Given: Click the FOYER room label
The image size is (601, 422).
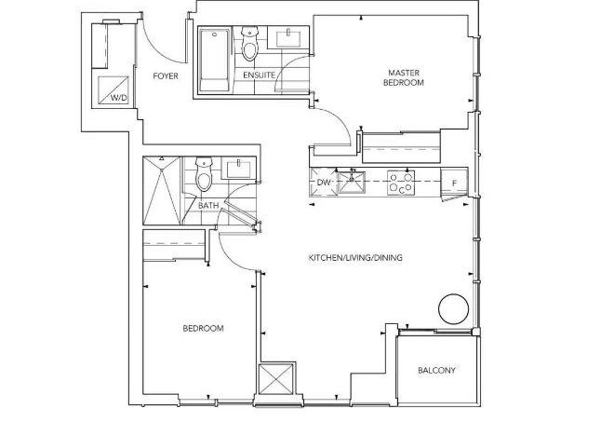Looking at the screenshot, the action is tap(166, 76).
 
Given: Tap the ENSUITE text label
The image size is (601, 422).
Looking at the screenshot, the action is tap(260, 75).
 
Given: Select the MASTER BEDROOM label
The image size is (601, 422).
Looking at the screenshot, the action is tap(404, 77).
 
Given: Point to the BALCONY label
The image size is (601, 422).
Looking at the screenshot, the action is tap(436, 370).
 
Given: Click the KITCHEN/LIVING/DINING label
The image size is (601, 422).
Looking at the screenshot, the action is tap(355, 258).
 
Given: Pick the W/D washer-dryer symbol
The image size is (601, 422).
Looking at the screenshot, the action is tap(114, 90).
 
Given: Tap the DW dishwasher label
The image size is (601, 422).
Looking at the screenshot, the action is tap(324, 183).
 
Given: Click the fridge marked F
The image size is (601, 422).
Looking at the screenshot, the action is tap(454, 183).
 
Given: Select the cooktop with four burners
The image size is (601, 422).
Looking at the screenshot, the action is tap(401, 183).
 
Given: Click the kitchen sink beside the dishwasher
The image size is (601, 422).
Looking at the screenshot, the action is tap(351, 182).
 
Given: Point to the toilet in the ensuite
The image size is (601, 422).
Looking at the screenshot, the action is tap(249, 44).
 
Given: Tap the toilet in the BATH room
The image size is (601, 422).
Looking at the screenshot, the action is tap(204, 174).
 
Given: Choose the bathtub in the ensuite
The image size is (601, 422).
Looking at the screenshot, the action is tap(214, 59).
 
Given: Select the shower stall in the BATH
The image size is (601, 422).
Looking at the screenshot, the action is tap(162, 190).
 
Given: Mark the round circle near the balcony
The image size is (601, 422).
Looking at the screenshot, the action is tap(454, 309).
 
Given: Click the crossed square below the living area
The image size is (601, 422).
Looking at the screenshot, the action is tap(276, 379).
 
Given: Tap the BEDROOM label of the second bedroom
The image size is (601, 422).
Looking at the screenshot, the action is tap(203, 329).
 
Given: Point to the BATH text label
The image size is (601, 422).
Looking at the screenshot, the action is tap(208, 206).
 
